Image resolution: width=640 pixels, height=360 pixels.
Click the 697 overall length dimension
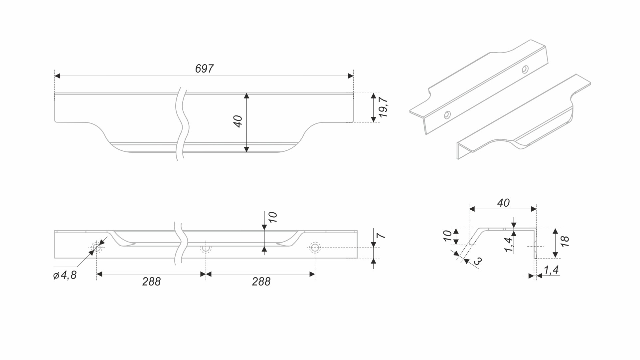pyautogui.click(x=204, y=69)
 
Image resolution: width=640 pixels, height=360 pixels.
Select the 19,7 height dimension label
pyautogui.click(x=383, y=107)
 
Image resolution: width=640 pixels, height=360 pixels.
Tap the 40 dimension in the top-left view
pyautogui.click(x=238, y=121)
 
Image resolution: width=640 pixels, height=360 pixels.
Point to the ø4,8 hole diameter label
pyautogui.click(x=65, y=275)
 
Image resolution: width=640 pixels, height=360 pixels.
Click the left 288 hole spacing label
pyautogui.click(x=151, y=282)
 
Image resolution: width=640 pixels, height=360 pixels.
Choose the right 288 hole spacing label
pyautogui.click(x=261, y=282)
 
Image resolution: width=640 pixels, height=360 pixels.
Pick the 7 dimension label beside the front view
pyautogui.click(x=381, y=236)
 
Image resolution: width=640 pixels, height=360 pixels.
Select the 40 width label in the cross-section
pyautogui.click(x=503, y=203)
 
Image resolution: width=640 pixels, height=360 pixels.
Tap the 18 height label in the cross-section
pyautogui.click(x=565, y=241)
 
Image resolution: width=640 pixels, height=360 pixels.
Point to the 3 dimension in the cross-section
pyautogui.click(x=478, y=261)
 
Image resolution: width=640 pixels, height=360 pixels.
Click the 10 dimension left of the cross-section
pyautogui.click(x=448, y=236)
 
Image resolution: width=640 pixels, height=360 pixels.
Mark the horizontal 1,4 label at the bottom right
pyautogui.click(x=551, y=270)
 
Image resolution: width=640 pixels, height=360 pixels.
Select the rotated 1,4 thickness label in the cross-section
pyautogui.click(x=509, y=245)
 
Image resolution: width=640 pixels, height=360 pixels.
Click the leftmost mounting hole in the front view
pyautogui.click(x=97, y=247)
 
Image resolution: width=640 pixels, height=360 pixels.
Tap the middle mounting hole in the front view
pyautogui.click(x=206, y=248)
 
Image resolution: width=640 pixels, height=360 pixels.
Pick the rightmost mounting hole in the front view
pyautogui.click(x=315, y=247)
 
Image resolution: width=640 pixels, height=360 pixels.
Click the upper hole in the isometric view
pyautogui.click(x=525, y=69)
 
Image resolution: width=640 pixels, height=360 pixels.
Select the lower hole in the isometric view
pyautogui.click(x=447, y=115)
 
